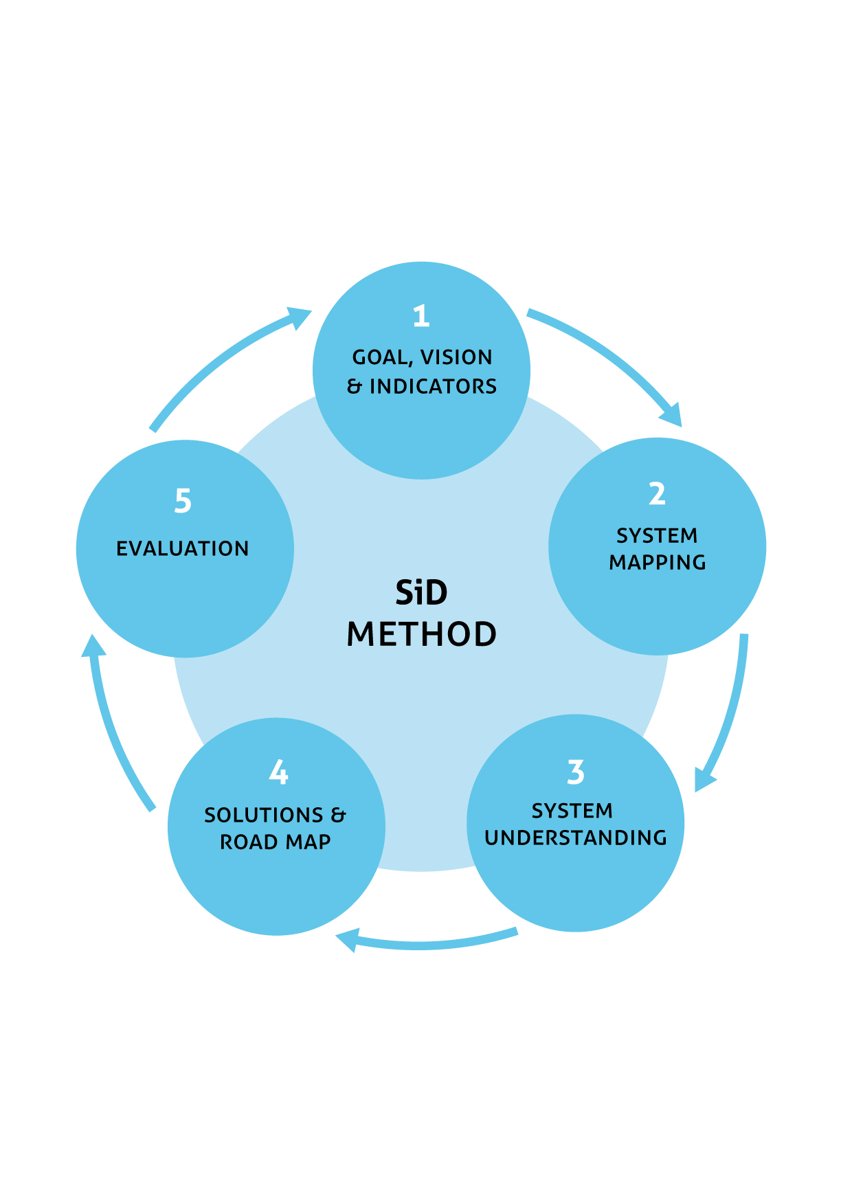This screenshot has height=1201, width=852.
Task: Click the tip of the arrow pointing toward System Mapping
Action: pyautogui.click(x=680, y=426)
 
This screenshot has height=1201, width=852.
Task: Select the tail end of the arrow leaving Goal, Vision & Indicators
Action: pyautogui.click(x=528, y=313)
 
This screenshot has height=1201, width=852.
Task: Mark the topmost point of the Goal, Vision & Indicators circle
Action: pyautogui.click(x=421, y=262)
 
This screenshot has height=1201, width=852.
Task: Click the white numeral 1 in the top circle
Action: pyautogui.click(x=421, y=316)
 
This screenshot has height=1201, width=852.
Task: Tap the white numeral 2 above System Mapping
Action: pyautogui.click(x=657, y=494)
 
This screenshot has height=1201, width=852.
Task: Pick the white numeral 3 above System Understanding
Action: pyautogui.click(x=576, y=772)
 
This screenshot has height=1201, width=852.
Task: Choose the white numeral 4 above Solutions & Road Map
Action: pyautogui.click(x=278, y=772)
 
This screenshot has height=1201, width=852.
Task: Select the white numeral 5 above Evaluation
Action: pyautogui.click(x=183, y=501)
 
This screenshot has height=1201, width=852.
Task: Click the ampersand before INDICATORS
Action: pyautogui.click(x=355, y=387)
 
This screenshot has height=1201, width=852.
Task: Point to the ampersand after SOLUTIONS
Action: pyautogui.click(x=338, y=816)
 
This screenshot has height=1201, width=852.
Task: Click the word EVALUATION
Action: pyautogui.click(x=183, y=548)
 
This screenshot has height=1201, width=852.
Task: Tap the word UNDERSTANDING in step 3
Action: pyautogui.click(x=576, y=838)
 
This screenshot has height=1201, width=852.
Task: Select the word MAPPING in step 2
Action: pyautogui.click(x=658, y=562)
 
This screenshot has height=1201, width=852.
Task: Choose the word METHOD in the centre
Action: pyautogui.click(x=421, y=634)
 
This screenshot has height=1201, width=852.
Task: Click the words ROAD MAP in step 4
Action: pyautogui.click(x=276, y=842)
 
